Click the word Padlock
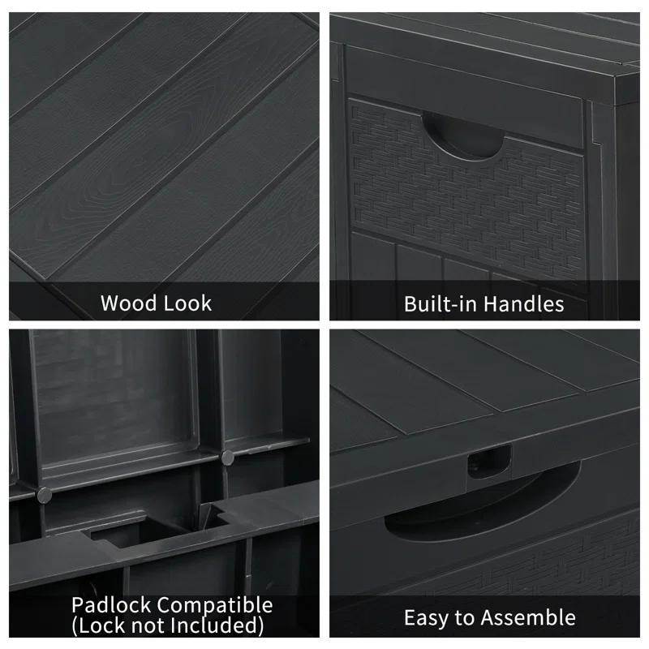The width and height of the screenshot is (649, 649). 111,605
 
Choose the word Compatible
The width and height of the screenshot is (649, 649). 214,605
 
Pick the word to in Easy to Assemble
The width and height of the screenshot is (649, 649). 465,617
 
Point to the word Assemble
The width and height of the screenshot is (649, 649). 530,617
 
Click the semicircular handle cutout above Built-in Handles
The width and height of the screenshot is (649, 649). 462,133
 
